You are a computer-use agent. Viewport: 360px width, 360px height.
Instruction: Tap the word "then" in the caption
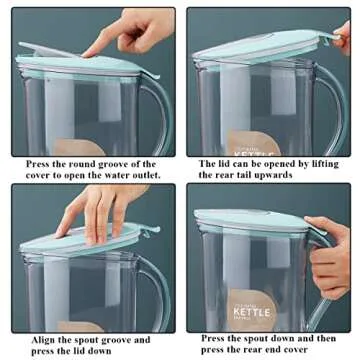(x=329, y=338)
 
